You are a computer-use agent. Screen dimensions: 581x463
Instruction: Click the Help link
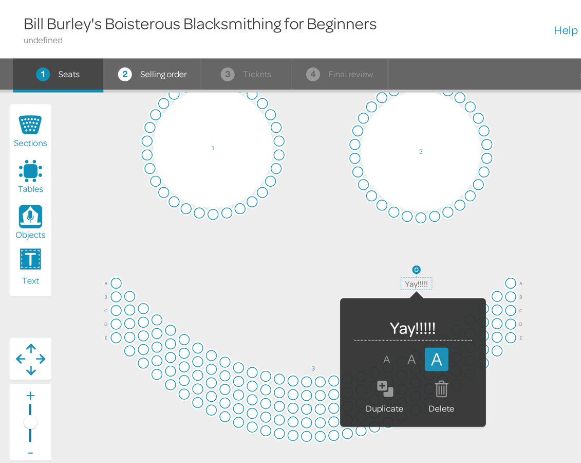point(566,30)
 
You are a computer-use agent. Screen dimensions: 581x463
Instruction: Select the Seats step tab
point(58,74)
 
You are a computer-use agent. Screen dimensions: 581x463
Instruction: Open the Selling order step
point(152,74)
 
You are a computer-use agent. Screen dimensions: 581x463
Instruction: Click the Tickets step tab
point(246,74)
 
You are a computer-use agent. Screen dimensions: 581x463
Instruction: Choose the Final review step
point(340,74)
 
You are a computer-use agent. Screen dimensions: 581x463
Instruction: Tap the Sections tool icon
point(30,124)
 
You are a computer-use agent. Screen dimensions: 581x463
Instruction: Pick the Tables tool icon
point(30,171)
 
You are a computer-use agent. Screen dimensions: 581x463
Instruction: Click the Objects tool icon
point(30,216)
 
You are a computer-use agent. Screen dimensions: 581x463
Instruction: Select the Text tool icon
point(30,259)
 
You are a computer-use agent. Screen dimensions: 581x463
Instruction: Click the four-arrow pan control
point(31,359)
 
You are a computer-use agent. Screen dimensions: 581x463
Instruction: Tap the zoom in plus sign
point(30,396)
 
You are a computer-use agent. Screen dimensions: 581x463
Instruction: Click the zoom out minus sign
point(30,453)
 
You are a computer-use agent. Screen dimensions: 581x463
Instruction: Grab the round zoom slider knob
point(30,422)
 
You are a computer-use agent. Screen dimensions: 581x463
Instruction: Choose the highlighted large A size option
point(437,360)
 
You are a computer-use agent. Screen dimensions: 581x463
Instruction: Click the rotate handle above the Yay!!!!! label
point(417,270)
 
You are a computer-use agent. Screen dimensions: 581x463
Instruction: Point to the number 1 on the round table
point(213,148)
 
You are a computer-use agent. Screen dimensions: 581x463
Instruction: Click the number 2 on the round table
point(421,152)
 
